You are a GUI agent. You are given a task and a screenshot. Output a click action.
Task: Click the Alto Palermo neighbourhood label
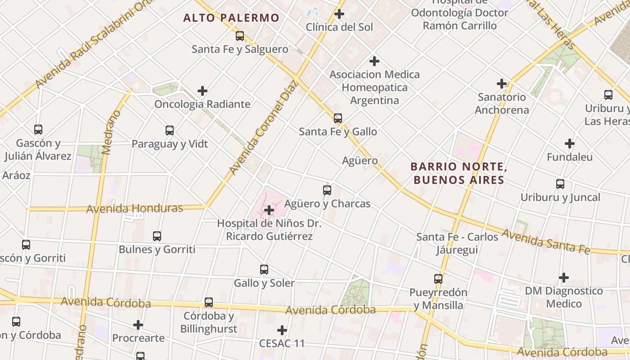(x=231, y=18)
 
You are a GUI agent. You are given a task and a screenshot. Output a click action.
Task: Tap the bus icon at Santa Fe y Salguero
(x=240, y=36)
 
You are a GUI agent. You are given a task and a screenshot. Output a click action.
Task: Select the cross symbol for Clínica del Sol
(x=339, y=14)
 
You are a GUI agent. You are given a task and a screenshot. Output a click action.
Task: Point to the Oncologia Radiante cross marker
(x=202, y=91)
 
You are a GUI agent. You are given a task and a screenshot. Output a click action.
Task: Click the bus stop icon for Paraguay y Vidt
(x=170, y=130)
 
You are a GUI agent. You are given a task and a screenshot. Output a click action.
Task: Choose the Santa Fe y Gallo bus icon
(x=338, y=118)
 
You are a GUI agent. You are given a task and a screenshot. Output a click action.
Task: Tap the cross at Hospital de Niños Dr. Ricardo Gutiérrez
(x=269, y=210)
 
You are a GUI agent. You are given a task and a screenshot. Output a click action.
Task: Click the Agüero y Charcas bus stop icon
(x=327, y=190)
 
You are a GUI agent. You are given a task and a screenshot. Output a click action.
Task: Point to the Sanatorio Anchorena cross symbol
(x=502, y=84)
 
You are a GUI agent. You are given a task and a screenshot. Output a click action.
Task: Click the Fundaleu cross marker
(x=570, y=144)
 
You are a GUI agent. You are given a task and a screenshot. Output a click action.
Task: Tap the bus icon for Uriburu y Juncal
(x=560, y=184)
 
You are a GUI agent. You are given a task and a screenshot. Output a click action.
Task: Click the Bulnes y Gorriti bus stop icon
(x=157, y=236)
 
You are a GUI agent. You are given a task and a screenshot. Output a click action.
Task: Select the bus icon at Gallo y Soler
(x=264, y=270)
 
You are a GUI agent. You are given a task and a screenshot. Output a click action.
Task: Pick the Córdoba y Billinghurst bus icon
(x=209, y=302)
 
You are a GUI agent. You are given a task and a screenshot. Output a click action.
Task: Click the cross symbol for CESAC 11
(x=282, y=330)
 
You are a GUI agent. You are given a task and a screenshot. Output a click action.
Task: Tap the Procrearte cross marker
(x=138, y=324)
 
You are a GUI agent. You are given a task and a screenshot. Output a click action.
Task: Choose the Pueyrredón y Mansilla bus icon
(x=438, y=279)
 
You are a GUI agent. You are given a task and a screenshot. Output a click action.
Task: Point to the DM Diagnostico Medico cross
(x=563, y=278)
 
